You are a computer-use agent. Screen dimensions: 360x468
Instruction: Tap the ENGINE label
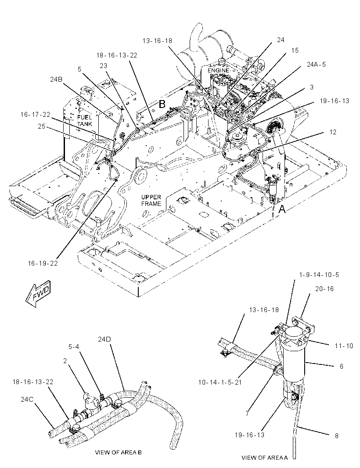tap(219, 70)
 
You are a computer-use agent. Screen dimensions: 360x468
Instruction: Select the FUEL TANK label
tap(84, 120)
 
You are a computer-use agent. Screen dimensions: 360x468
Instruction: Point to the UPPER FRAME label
tap(151, 200)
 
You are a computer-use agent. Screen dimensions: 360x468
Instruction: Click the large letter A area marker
tap(282, 209)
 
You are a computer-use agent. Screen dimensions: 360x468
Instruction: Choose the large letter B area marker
tap(162, 104)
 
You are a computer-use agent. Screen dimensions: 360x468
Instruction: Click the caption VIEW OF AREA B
tap(118, 452)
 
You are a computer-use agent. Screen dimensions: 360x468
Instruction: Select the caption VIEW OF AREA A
tap(264, 457)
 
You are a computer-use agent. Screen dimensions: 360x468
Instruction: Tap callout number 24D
tap(104, 339)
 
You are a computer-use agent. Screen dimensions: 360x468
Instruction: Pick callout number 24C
tap(27, 399)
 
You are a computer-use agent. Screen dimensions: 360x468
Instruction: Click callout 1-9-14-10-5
tap(319, 274)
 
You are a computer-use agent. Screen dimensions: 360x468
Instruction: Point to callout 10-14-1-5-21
tap(220, 382)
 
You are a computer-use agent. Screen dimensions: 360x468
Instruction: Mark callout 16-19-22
tap(43, 263)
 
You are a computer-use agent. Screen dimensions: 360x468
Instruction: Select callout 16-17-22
tap(35, 114)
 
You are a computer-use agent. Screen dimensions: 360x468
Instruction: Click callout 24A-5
tap(316, 64)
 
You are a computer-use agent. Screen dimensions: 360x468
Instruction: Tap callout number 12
tap(333, 132)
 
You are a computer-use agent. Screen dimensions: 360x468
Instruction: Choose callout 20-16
tap(324, 288)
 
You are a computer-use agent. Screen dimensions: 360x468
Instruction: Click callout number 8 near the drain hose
tap(337, 436)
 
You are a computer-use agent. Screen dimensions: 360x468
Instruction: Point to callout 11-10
tap(344, 346)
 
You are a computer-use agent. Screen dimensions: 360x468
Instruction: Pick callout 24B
tap(56, 79)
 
